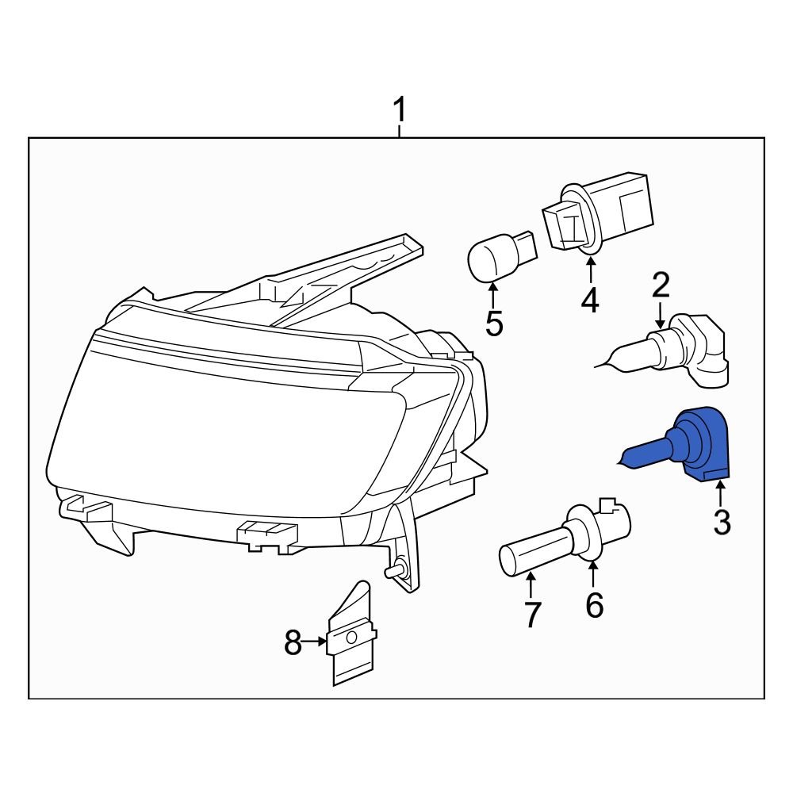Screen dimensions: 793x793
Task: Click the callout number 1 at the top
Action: [400, 111]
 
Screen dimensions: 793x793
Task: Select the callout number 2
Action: [661, 285]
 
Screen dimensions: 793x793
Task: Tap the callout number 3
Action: [721, 523]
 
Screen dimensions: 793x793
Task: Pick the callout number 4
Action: [590, 301]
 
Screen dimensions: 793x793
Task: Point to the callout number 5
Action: [494, 324]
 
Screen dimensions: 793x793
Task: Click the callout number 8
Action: [293, 643]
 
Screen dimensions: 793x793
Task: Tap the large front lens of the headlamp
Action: [230, 428]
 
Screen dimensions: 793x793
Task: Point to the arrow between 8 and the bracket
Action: [316, 642]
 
